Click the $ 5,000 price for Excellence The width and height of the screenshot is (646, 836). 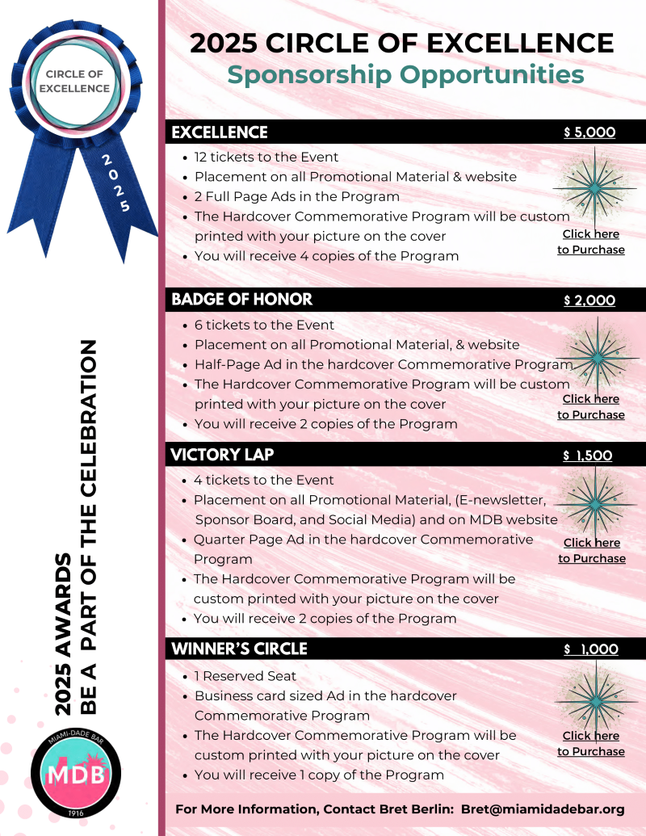click(589, 132)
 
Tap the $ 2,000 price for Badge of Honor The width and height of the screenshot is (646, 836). click(589, 300)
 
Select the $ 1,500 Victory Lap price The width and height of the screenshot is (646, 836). click(588, 456)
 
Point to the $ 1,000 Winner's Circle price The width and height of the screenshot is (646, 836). click(591, 649)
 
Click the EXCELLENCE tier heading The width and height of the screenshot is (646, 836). click(220, 132)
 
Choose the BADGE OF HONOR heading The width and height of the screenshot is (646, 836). click(241, 300)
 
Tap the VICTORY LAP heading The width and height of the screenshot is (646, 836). click(223, 455)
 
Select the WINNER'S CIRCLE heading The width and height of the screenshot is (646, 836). click(239, 649)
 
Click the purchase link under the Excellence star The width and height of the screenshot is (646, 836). click(591, 242)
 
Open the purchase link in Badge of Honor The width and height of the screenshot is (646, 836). click(591, 406)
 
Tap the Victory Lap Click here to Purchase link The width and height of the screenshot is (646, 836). click(592, 550)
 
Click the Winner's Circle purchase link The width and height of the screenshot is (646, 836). click(591, 743)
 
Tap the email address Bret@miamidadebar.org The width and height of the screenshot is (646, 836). click(543, 809)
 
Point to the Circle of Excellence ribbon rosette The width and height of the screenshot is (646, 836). click(78, 81)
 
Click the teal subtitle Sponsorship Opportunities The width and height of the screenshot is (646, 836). click(405, 74)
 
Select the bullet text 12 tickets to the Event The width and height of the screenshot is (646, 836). click(266, 157)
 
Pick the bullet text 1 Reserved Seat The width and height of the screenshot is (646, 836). click(245, 675)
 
